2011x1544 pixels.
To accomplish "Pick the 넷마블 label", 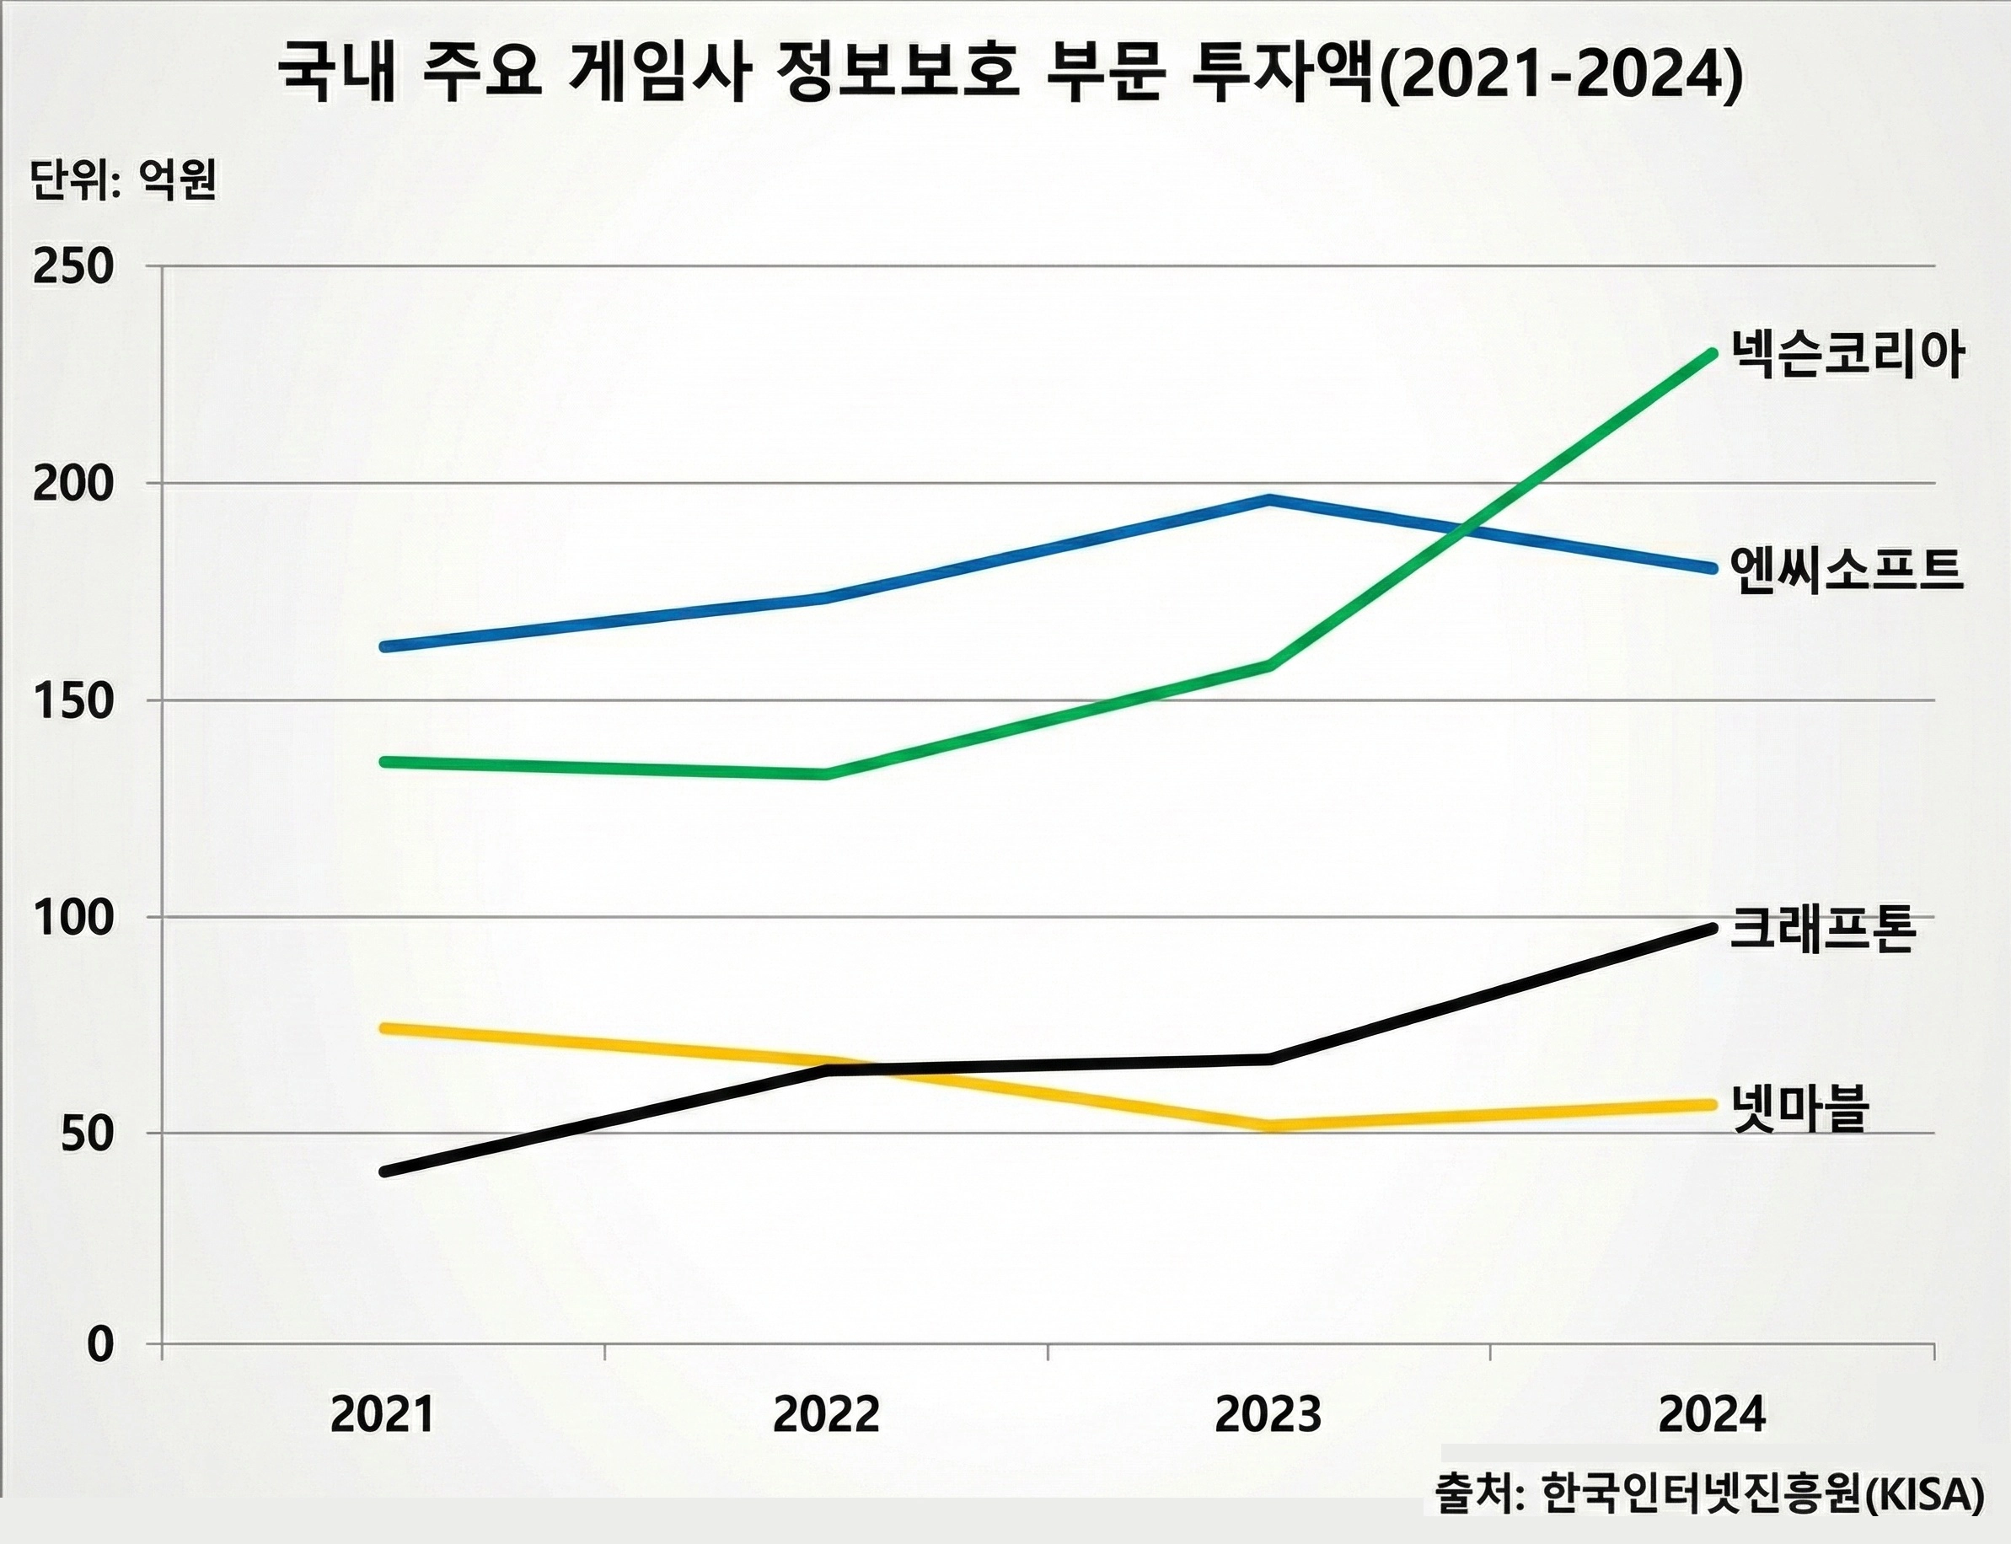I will [x=1799, y=1107].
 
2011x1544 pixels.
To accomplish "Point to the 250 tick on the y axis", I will [x=73, y=267].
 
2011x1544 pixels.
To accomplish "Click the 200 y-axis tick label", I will [x=73, y=485].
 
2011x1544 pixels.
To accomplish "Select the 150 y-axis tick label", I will [x=73, y=701].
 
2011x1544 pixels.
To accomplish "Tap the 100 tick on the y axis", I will [x=73, y=918].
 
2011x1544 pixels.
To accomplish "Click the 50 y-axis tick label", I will [x=87, y=1135].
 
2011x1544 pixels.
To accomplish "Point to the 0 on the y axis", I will [x=100, y=1344].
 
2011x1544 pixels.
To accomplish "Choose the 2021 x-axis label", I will [x=383, y=1414].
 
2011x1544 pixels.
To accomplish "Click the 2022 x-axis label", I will [x=826, y=1414].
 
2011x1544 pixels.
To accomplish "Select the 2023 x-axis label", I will [x=1268, y=1414].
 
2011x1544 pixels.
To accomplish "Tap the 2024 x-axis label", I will [x=1711, y=1414].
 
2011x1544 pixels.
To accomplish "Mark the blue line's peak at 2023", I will [x=1268, y=500].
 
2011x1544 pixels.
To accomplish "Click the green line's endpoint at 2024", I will [x=1711, y=354].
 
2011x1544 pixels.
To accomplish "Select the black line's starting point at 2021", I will [x=385, y=1171].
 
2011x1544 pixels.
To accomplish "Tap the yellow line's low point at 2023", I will [x=1268, y=1125].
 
